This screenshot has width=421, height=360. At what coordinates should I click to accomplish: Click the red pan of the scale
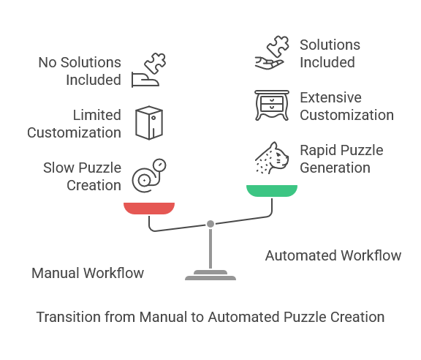149,209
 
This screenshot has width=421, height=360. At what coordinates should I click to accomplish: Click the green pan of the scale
272,191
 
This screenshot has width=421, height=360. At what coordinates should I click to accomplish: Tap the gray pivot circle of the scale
210,224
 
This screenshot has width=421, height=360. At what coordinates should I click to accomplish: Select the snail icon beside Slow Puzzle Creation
149,176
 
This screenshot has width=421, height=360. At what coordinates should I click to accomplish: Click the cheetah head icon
272,158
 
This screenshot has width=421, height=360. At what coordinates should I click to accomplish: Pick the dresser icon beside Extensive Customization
272,105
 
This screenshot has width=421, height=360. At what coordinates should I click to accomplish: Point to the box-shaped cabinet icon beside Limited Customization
149,123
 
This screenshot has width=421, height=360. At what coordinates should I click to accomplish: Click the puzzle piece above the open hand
278,46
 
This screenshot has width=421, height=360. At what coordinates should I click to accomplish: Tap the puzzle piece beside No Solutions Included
155,64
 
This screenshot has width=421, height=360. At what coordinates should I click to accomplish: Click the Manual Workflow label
88,273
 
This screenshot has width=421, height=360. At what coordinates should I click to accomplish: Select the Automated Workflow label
333,255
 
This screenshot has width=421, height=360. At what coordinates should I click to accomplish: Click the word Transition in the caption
69,317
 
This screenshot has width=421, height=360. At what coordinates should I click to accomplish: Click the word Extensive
330,97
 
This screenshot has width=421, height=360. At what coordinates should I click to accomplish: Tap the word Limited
97,115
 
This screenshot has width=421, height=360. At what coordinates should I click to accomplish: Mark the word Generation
335,168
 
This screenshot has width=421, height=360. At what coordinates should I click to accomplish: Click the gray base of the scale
210,275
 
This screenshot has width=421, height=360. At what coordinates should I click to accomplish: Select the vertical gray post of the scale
210,249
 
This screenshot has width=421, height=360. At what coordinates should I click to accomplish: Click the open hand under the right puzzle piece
269,63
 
